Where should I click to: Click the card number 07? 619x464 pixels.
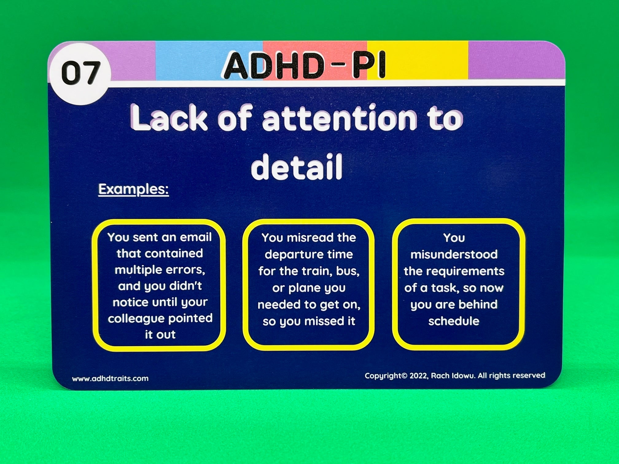(x=81, y=73)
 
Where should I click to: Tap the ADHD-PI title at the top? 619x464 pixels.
(x=304, y=66)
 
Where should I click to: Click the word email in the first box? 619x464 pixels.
(x=196, y=237)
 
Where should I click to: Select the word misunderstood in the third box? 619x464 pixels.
(x=454, y=254)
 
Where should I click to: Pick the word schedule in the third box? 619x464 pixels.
(x=454, y=321)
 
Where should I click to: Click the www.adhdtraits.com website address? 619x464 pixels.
(x=110, y=378)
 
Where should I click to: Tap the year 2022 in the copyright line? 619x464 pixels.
(x=419, y=376)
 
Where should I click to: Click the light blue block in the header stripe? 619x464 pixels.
(x=209, y=61)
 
